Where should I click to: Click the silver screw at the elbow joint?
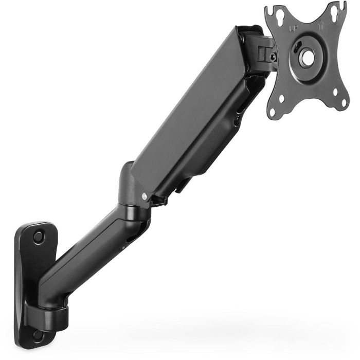145,195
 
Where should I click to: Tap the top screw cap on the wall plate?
38,237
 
